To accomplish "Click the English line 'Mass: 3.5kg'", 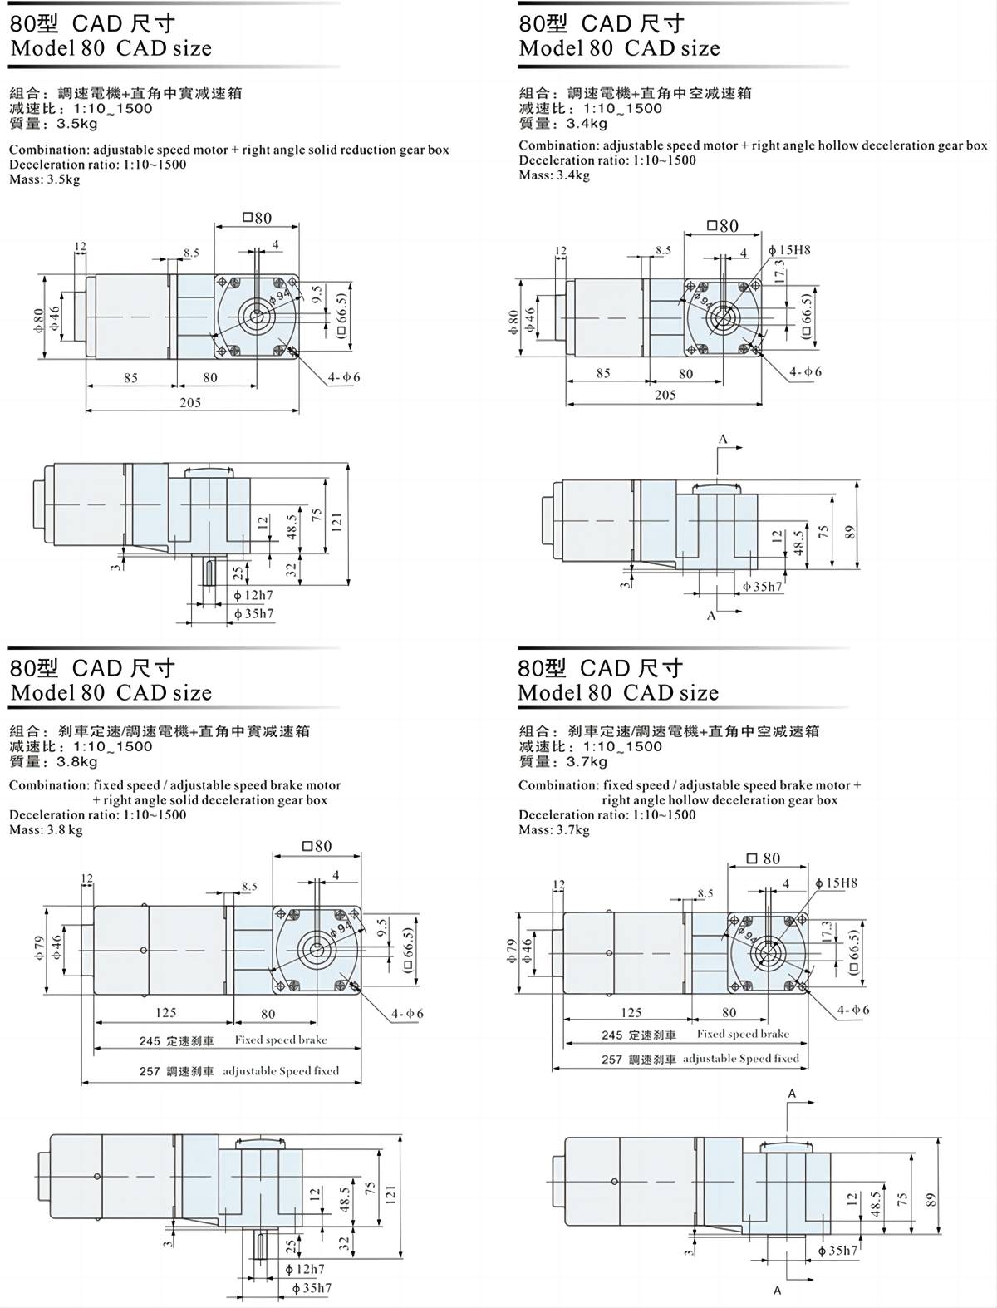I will pos(45,179).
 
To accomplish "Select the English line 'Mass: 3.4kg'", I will pos(554,175).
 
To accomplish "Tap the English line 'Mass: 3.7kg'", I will pos(554,830).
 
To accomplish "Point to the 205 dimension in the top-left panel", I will pos(190,402).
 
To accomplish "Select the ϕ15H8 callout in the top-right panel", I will pos(790,250).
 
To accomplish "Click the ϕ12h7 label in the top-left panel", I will pos(253,595).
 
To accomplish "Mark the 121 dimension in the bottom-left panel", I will pos(390,1193).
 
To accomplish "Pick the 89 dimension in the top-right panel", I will pos(849,532).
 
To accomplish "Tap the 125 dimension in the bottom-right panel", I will pos(631,1012).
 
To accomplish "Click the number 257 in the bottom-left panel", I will pos(150,1072).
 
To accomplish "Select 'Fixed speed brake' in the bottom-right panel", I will pos(743,1035).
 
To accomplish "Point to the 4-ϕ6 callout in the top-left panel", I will pos(343,377).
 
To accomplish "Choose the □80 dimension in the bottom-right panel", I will pos(763,858).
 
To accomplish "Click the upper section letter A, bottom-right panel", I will pos(792,1094).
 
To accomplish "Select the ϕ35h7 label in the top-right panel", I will pos(763,587).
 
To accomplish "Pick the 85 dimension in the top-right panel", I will pos(603,373).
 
